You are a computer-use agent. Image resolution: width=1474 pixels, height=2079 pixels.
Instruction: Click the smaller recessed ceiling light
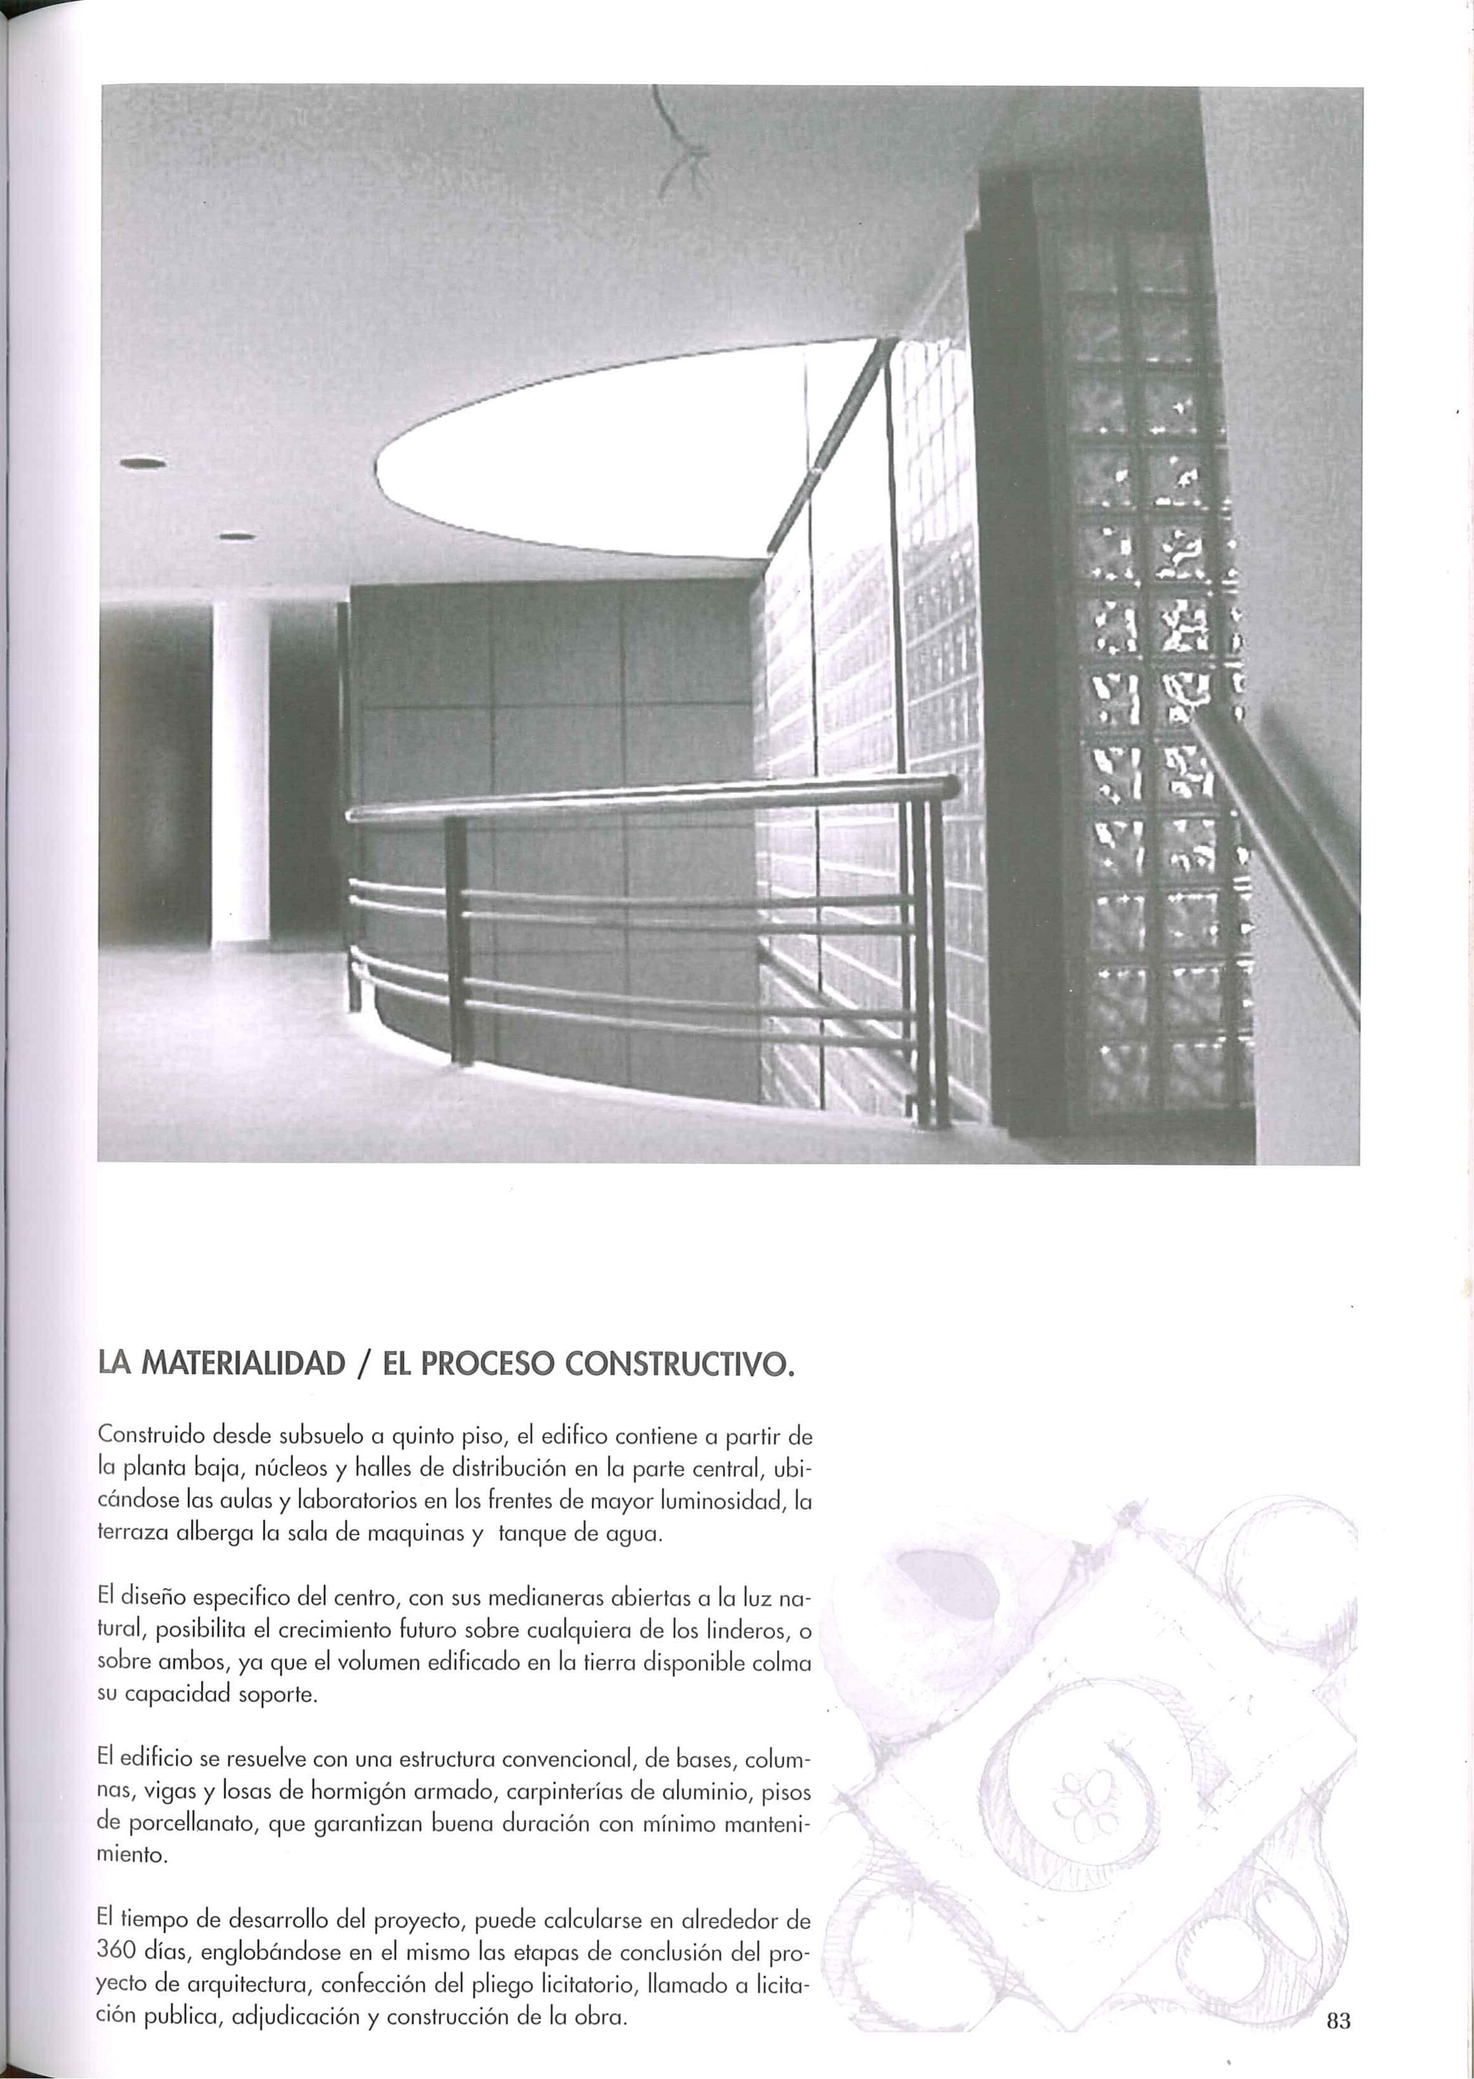(238, 535)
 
